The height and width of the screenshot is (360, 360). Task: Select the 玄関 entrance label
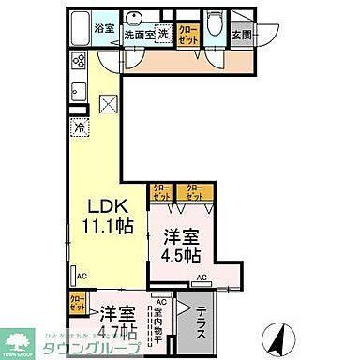click(243, 35)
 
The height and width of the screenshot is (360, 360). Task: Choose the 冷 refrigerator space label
click(82, 127)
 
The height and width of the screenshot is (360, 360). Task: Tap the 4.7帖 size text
click(118, 330)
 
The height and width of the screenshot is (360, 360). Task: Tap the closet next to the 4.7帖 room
click(78, 304)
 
